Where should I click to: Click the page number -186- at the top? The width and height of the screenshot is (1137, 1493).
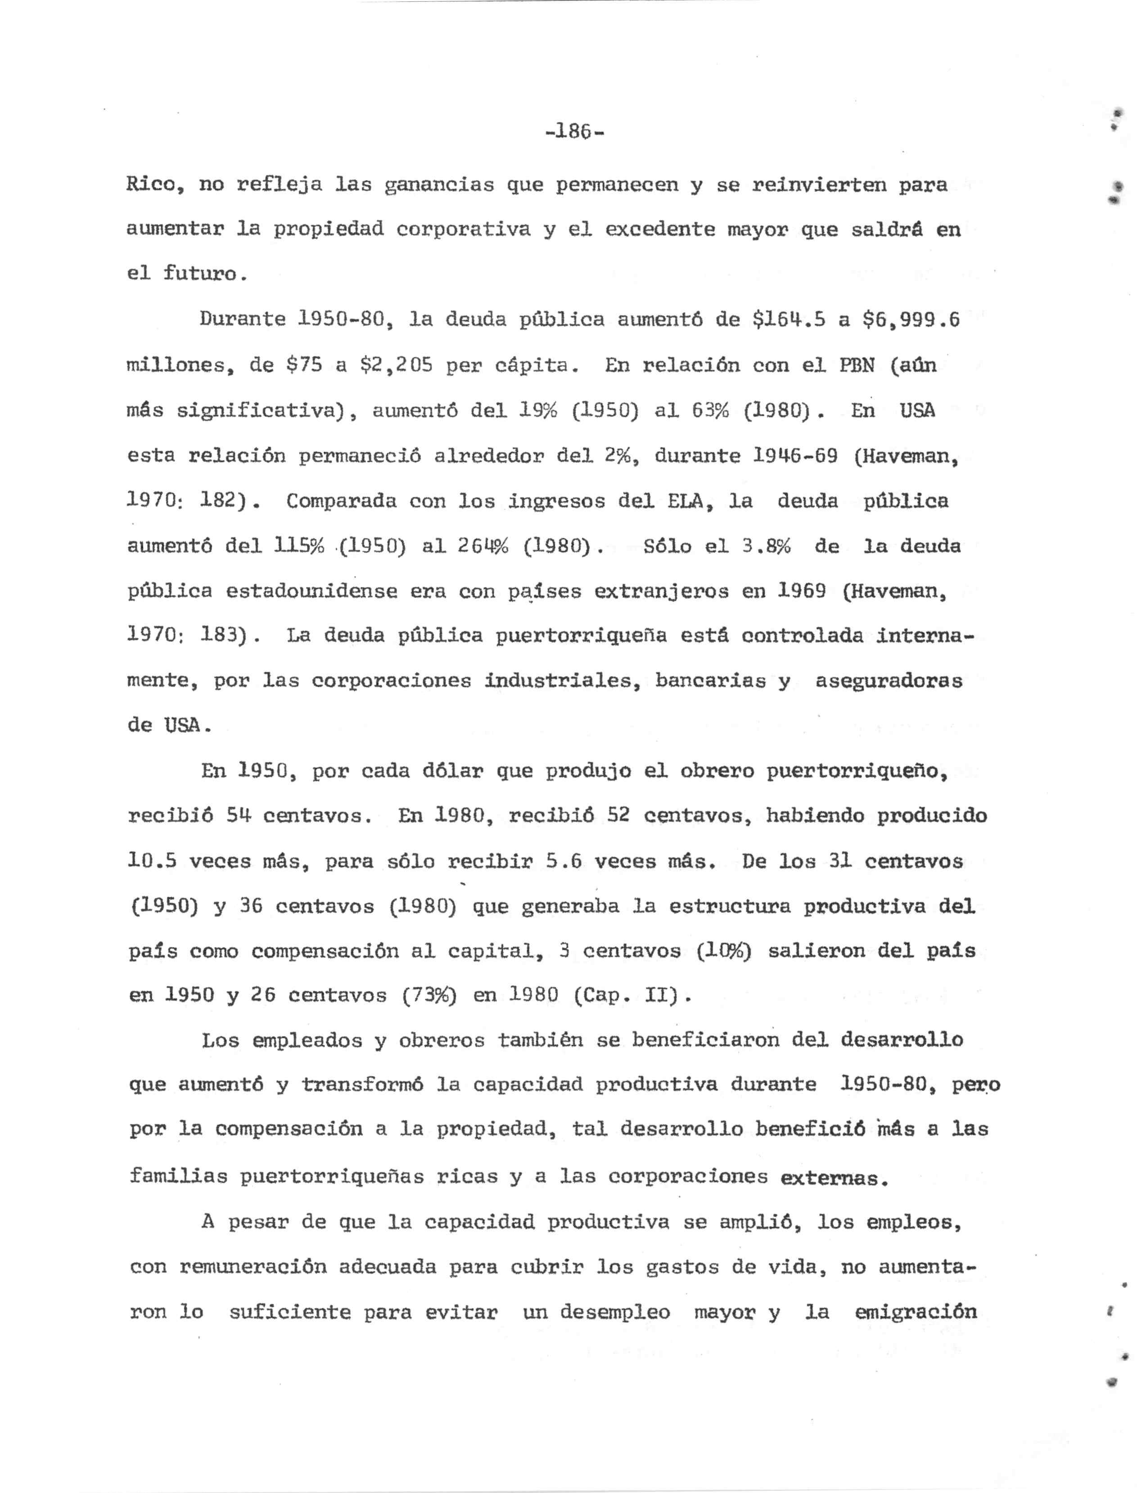click(574, 131)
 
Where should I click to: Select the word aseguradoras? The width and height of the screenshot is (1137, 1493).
click(889, 681)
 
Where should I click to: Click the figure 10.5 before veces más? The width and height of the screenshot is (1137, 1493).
click(152, 862)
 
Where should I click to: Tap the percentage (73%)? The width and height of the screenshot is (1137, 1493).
click(429, 996)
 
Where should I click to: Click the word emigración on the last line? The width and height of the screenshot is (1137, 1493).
click(916, 1313)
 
